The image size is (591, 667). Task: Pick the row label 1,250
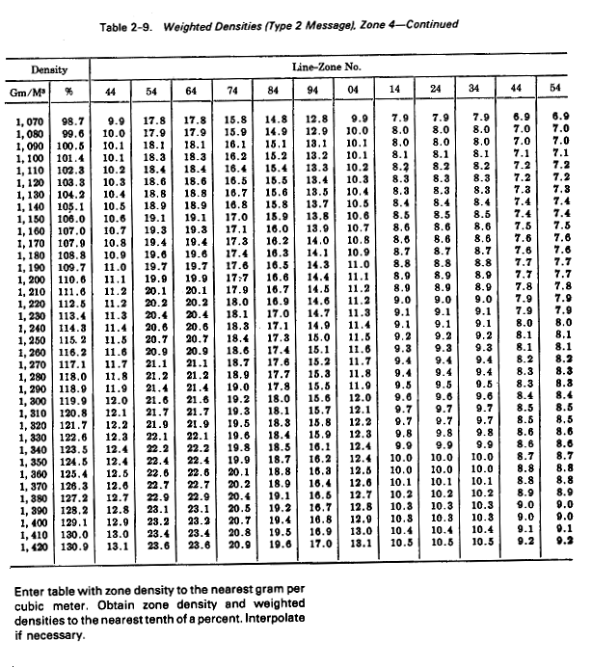click(31, 339)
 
